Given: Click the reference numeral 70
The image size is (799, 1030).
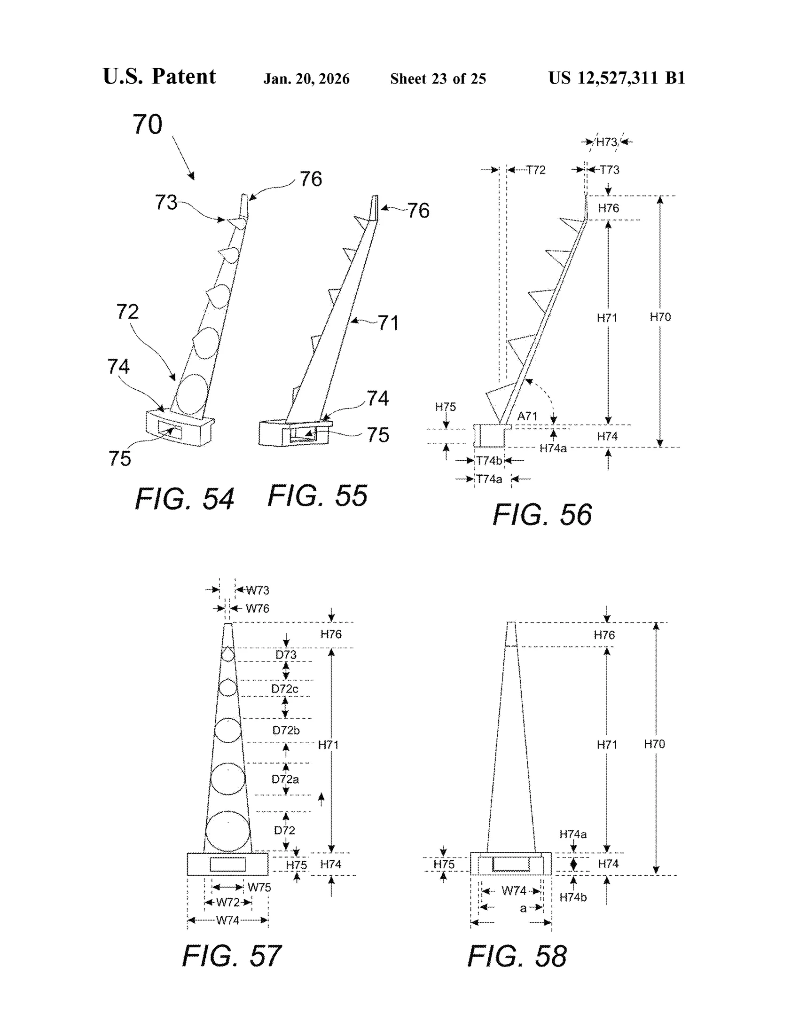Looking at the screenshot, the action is (147, 125).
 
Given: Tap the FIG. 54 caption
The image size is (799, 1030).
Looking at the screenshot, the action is (184, 499).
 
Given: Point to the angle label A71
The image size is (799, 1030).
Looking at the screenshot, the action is (527, 416).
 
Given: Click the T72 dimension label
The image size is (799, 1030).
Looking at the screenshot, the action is (536, 170).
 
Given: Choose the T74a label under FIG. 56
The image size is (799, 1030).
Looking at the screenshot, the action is (489, 479).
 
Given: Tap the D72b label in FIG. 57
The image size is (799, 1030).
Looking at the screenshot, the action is (286, 731).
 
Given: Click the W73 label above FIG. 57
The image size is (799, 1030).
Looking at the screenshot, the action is (258, 590).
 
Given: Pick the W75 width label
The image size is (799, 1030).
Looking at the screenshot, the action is (259, 887).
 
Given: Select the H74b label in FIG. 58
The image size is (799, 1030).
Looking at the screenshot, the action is (573, 897).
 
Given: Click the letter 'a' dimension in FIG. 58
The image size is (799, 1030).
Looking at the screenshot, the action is (523, 908).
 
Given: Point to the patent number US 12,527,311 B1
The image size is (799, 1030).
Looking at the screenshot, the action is (617, 78).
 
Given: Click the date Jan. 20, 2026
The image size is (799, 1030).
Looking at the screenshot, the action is (306, 79).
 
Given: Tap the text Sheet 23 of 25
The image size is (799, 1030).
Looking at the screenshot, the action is (438, 79).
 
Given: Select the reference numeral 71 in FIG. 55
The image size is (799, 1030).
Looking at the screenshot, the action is (388, 323).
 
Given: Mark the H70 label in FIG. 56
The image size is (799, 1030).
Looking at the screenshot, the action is (660, 317).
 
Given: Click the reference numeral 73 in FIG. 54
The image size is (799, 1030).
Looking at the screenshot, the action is (166, 202).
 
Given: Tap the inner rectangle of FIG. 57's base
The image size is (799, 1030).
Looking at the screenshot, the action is (227, 865).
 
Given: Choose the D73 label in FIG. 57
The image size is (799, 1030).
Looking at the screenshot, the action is (286, 655).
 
